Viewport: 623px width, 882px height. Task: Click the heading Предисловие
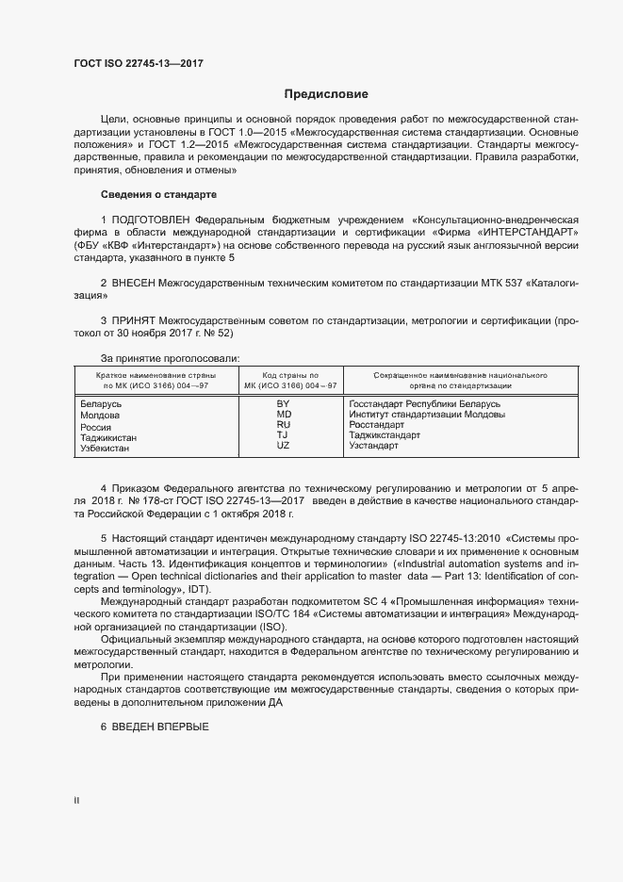[326, 94]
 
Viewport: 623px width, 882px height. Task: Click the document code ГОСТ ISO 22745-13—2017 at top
[139, 64]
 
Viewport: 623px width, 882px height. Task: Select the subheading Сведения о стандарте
[158, 194]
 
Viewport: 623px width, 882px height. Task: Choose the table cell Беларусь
[102, 404]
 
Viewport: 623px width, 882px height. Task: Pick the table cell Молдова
[100, 416]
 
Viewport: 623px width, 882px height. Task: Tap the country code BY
[283, 403]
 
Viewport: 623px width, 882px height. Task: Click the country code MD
[283, 415]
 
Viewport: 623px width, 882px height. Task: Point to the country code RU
[283, 425]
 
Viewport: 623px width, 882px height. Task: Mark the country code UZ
[283, 446]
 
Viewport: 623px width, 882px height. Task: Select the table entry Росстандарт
[376, 425]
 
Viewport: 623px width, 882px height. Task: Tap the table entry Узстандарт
[373, 446]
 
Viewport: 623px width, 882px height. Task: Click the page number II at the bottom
[76, 801]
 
